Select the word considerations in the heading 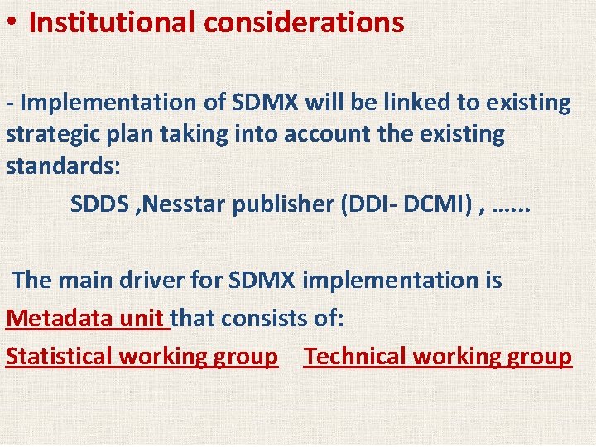304,22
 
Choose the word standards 63,165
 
